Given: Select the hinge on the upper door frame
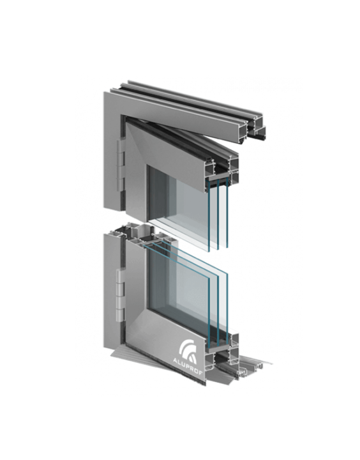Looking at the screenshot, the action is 121,167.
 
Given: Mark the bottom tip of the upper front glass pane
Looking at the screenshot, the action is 209,252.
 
